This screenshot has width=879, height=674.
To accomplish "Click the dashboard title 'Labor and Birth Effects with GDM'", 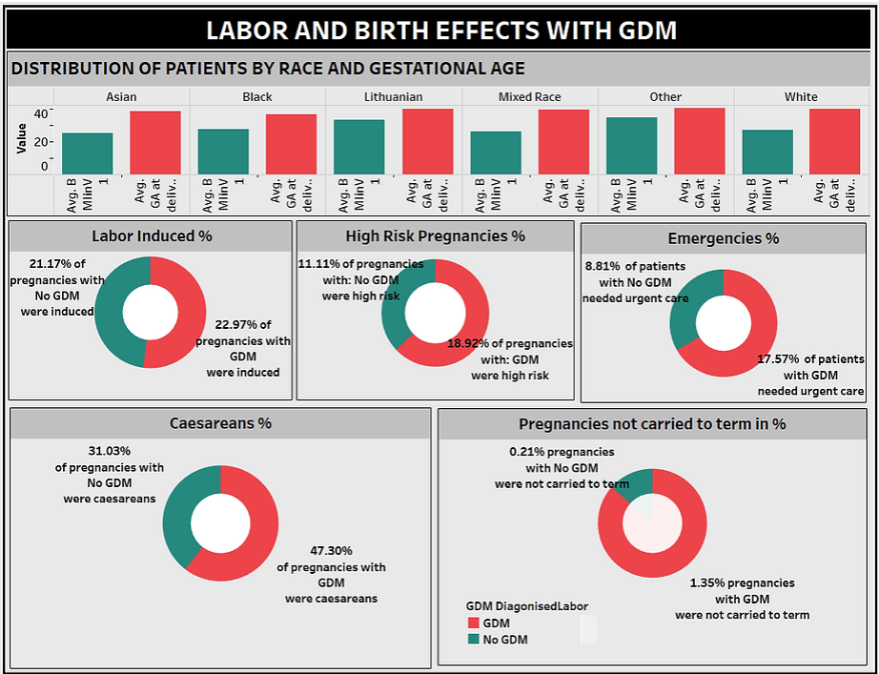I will point(440,31).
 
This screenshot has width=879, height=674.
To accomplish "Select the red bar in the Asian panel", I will point(155,143).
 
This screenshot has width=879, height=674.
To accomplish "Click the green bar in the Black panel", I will point(223,152).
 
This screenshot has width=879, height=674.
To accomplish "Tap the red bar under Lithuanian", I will point(427,142).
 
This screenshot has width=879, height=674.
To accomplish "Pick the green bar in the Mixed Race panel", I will point(496,153).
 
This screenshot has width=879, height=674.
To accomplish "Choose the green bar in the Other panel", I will point(631,146).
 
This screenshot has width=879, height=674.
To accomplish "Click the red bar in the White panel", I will point(834,142).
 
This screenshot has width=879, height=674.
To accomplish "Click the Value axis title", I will point(21,139).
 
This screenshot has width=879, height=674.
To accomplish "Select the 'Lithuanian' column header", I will point(393,96).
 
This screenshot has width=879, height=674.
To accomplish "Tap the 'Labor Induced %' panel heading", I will point(152,235).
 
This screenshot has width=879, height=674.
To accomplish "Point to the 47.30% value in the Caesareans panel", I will point(331,550).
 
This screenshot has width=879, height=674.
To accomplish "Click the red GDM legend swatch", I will point(472,623).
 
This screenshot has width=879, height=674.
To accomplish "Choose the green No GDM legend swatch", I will point(472,640).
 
